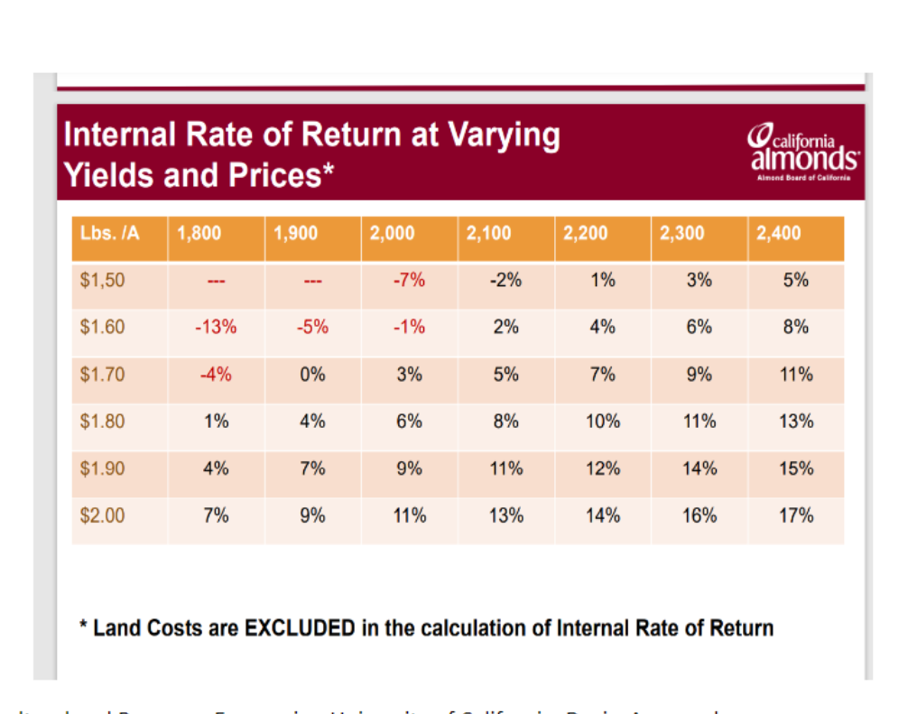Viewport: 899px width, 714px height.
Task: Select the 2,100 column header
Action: pyautogui.click(x=488, y=233)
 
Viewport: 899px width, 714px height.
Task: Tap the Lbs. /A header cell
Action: pyautogui.click(x=110, y=233)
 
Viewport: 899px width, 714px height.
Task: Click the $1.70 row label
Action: pyautogui.click(x=102, y=374)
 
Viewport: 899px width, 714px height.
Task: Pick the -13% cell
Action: pyautogui.click(x=216, y=327)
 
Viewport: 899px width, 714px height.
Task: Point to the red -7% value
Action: pyautogui.click(x=409, y=280)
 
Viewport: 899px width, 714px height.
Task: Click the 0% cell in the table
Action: pyautogui.click(x=312, y=374)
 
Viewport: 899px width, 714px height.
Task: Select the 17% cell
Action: pyautogui.click(x=795, y=515)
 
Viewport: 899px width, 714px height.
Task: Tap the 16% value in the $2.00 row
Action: pyautogui.click(x=700, y=515)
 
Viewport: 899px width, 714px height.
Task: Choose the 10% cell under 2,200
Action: pyautogui.click(x=602, y=421)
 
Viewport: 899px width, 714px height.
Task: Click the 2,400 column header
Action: pyautogui.click(x=778, y=233)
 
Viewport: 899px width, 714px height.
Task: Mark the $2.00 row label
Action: pyautogui.click(x=102, y=515)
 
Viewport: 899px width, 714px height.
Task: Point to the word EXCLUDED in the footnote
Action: pyautogui.click(x=300, y=627)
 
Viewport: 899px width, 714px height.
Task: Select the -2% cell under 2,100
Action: pyautogui.click(x=505, y=280)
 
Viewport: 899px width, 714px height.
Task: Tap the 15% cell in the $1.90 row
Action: pyautogui.click(x=795, y=468)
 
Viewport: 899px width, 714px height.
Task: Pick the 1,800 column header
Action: pyautogui.click(x=199, y=233)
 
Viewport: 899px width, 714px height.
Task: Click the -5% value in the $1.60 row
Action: pyautogui.click(x=312, y=327)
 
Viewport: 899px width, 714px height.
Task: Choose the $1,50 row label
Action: pyautogui.click(x=102, y=280)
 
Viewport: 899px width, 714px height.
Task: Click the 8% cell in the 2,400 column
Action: pyautogui.click(x=795, y=327)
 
